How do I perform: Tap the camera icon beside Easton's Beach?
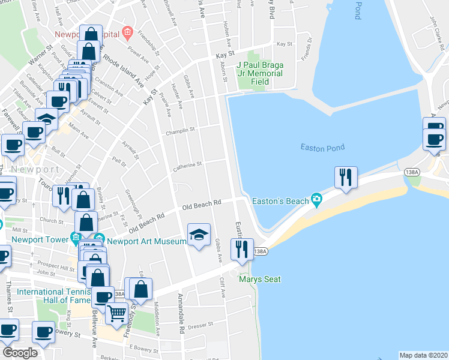coord(316,199)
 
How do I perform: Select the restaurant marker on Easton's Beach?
coord(346,178)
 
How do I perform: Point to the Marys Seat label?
coord(260,279)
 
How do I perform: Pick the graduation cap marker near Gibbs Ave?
coord(199,235)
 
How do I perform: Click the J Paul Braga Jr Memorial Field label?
coord(259,73)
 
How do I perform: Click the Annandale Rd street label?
coord(180,313)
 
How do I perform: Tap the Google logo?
coord(20,353)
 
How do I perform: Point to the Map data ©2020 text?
coord(423,355)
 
